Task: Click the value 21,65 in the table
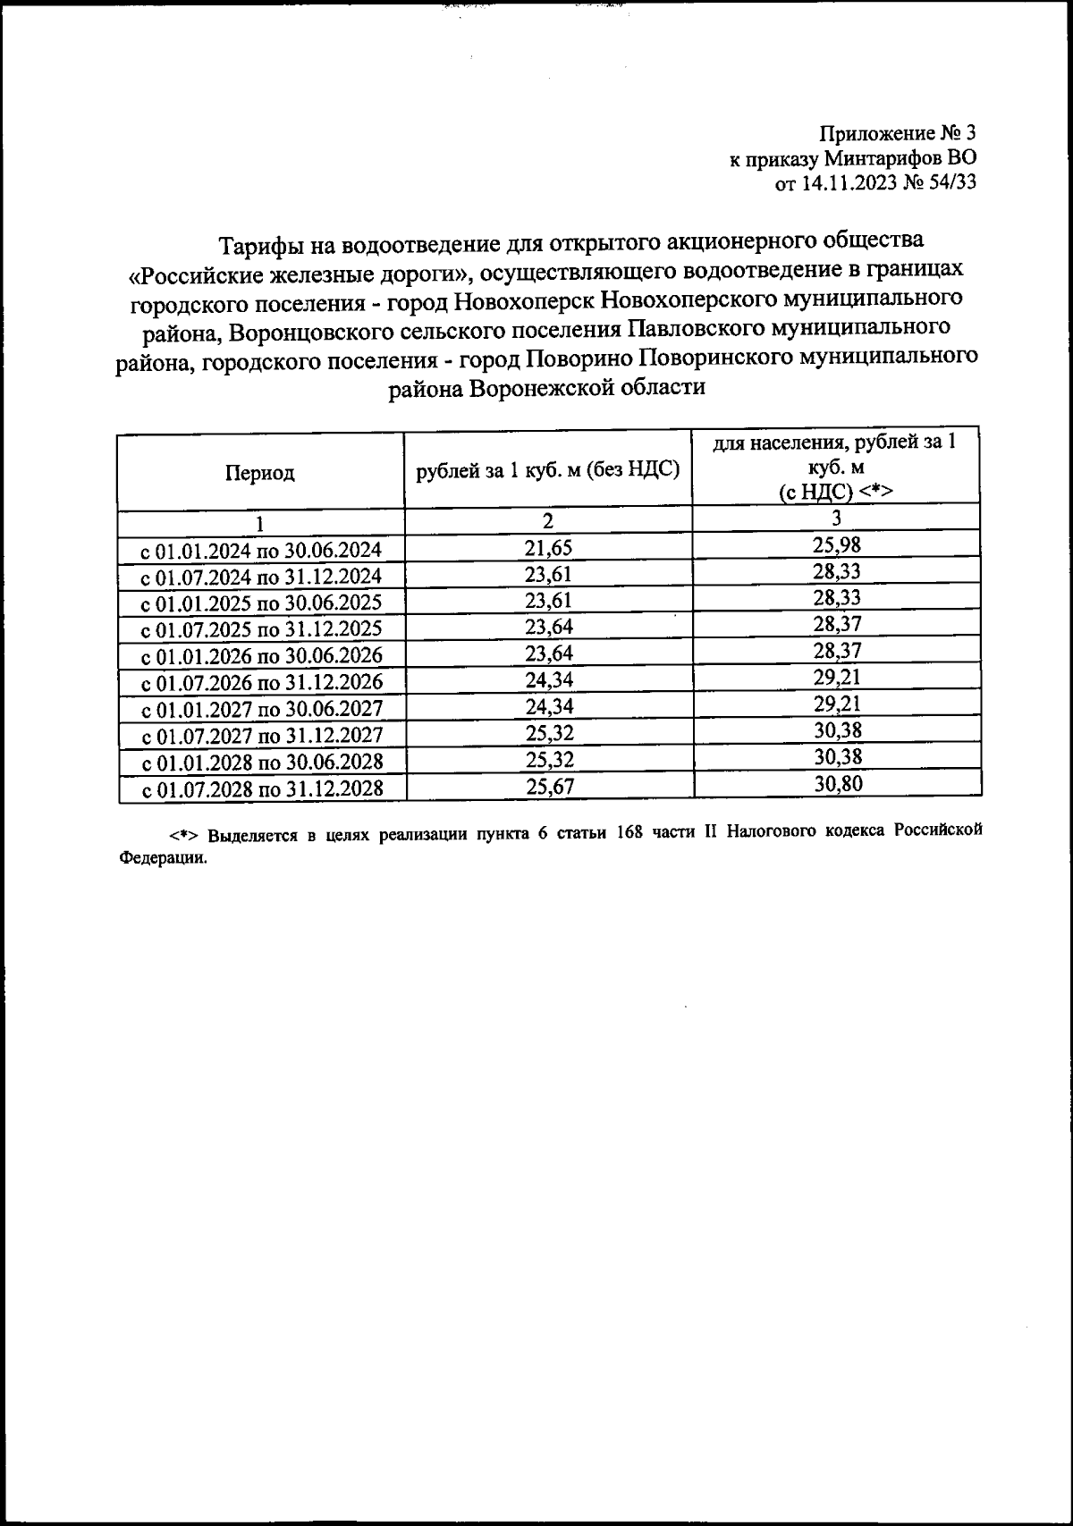tap(548, 547)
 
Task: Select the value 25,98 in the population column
tap(836, 544)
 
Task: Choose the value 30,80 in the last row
tap(836, 784)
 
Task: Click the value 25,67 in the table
tap(548, 787)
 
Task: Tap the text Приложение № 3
tap(897, 135)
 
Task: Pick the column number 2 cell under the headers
tap(548, 520)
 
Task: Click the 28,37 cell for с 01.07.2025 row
tap(836, 624)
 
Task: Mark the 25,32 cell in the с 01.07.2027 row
tap(548, 734)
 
